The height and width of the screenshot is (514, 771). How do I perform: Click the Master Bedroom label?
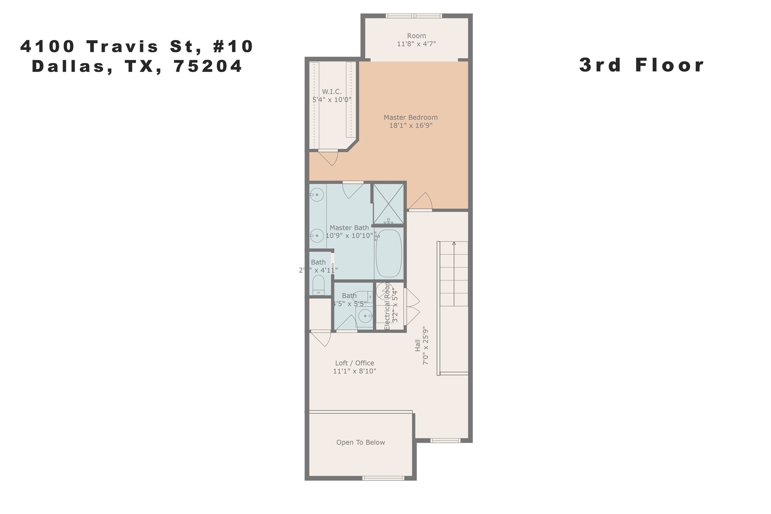click(x=410, y=117)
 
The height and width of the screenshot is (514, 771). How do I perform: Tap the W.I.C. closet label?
click(x=331, y=92)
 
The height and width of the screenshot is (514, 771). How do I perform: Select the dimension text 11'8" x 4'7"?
click(x=416, y=44)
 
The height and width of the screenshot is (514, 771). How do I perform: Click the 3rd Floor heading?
click(x=641, y=65)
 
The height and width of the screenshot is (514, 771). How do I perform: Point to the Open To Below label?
click(x=360, y=442)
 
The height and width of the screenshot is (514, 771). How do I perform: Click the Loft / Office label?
click(x=354, y=363)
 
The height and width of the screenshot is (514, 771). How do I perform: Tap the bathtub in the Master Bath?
click(x=389, y=253)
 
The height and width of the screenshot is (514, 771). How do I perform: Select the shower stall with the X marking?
click(x=388, y=204)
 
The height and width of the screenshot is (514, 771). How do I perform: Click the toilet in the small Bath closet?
click(x=318, y=285)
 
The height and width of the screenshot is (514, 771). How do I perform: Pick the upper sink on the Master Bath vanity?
click(x=317, y=195)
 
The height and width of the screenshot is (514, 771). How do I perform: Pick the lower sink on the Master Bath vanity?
click(x=317, y=236)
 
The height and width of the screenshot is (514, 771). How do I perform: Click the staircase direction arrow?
click(x=454, y=244)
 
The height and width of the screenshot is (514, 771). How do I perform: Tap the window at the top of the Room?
click(x=414, y=16)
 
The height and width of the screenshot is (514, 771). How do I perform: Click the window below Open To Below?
click(x=383, y=478)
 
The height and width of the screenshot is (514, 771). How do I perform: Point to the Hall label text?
click(x=418, y=345)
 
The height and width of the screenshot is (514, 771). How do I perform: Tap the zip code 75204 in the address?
click(x=208, y=66)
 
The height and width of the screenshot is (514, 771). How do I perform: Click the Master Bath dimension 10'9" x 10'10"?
click(x=349, y=236)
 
